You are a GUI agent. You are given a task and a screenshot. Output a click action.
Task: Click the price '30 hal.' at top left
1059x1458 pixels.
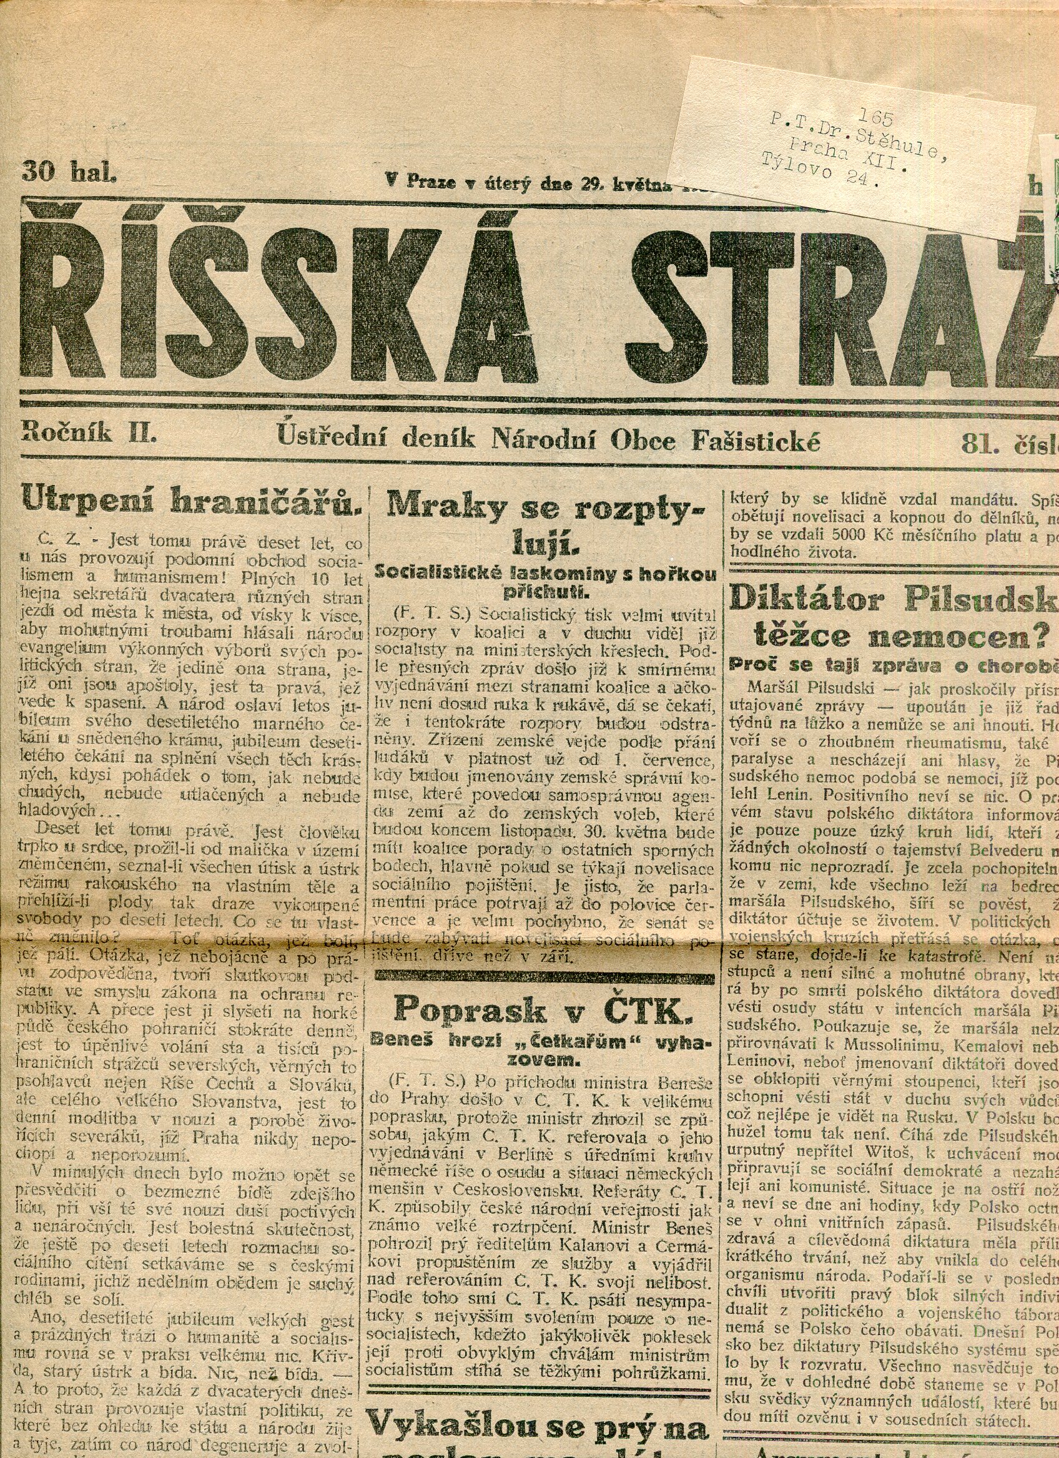click(69, 172)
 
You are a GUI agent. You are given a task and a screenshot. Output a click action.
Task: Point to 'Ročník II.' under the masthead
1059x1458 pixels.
click(89, 432)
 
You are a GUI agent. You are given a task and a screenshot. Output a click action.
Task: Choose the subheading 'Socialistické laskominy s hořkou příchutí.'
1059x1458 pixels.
click(545, 581)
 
